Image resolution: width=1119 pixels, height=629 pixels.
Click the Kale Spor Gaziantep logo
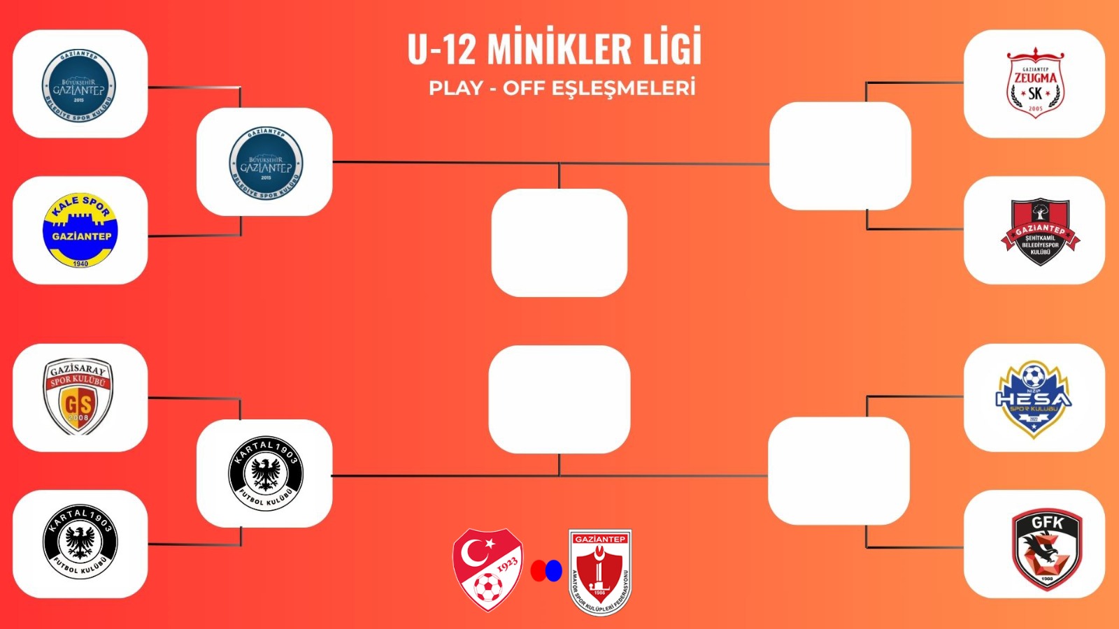80,231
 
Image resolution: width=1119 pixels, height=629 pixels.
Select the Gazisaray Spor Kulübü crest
78,397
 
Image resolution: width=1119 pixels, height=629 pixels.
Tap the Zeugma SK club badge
1035,82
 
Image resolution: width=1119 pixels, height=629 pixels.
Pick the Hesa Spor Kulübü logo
1034,398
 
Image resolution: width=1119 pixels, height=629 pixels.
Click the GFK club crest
1046,549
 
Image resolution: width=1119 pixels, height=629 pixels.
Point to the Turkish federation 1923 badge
487,569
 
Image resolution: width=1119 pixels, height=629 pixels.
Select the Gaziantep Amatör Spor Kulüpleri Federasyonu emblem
600,572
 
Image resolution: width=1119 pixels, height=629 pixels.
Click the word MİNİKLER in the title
549,49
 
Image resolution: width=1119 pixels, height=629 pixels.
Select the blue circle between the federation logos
554,571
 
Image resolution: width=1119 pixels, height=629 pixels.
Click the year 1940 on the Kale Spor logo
80,263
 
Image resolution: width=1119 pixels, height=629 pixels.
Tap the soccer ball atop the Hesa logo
1034,376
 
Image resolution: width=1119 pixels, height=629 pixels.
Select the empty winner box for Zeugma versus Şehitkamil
840,156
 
